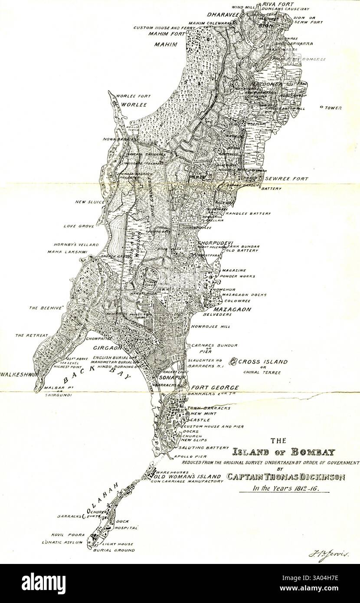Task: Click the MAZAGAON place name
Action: [233, 309]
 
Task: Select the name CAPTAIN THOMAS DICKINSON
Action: [286, 477]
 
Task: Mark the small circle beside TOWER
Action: [321, 107]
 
